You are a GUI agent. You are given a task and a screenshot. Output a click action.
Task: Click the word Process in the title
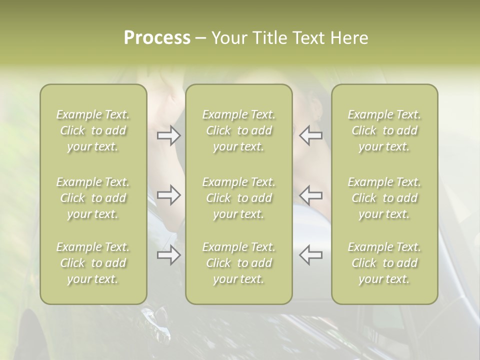[157, 38]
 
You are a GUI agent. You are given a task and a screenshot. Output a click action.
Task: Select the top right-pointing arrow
[169, 135]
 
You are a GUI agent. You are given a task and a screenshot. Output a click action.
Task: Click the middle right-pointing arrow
[169, 195]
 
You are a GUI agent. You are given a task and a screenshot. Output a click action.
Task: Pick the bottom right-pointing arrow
[169, 255]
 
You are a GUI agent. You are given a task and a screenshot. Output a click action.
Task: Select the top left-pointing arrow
[310, 135]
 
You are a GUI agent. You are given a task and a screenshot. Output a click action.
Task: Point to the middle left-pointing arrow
[310, 195]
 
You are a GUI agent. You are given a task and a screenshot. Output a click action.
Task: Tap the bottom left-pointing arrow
[310, 255]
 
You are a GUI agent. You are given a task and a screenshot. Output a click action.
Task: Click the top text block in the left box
[93, 130]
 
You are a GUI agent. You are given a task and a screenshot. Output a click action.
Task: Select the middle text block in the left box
[93, 198]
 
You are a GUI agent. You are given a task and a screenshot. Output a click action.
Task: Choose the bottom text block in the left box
[93, 263]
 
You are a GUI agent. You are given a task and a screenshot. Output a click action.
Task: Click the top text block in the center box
[238, 130]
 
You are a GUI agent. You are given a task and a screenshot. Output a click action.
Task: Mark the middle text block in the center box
[238, 198]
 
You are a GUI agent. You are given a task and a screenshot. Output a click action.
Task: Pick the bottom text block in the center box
[238, 263]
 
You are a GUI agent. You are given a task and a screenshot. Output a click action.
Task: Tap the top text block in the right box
[384, 130]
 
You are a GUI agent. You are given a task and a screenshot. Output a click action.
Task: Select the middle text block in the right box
[384, 198]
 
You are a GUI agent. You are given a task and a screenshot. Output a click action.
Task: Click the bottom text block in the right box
[384, 263]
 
